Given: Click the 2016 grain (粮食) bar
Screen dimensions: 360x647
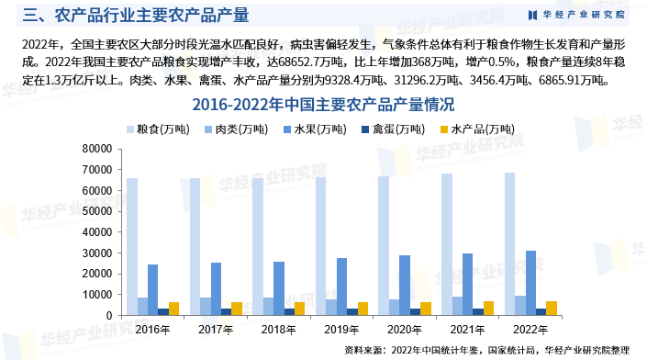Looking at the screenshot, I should point(132,246).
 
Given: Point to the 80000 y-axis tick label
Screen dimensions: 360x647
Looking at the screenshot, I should point(96,148).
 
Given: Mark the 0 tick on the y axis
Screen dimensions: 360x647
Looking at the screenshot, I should point(109,316).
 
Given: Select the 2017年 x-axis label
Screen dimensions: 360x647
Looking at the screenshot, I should point(214,328).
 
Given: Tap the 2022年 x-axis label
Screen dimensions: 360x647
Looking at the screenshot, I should point(530,328).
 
